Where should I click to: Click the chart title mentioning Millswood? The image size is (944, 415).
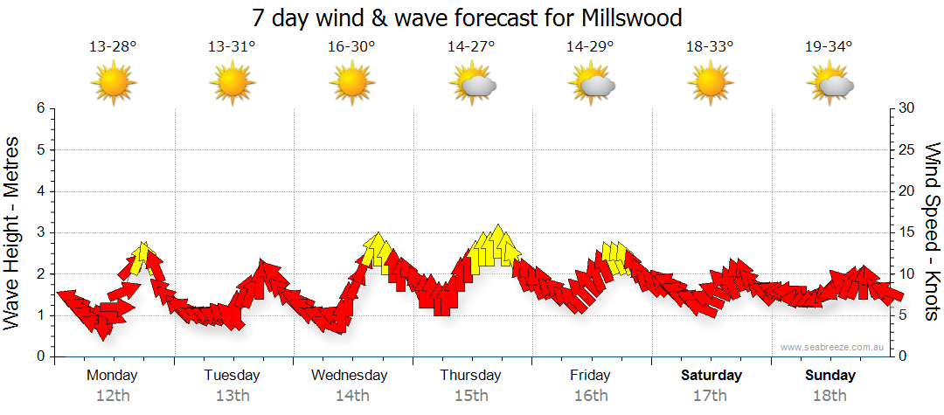point(467,18)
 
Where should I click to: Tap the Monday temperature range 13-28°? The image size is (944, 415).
point(113,47)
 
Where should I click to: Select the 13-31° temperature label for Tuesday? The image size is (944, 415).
point(233,47)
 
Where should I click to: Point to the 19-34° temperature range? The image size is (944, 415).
point(829,47)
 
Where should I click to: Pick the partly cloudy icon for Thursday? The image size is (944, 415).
point(472,84)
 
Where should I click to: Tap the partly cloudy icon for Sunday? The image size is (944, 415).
point(830,84)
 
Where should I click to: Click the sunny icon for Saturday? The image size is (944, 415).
point(710,84)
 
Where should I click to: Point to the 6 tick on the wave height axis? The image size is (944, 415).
point(40,108)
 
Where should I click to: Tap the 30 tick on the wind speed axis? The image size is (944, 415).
point(907,108)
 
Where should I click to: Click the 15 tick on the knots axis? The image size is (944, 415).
point(907,232)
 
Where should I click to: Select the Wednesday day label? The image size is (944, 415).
point(350,376)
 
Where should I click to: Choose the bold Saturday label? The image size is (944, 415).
point(711,376)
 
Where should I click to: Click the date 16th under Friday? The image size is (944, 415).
point(591,396)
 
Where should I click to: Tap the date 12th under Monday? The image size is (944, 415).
point(113,396)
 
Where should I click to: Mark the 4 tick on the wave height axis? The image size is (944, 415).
point(40,191)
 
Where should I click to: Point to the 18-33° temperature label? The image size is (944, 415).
point(710,47)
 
